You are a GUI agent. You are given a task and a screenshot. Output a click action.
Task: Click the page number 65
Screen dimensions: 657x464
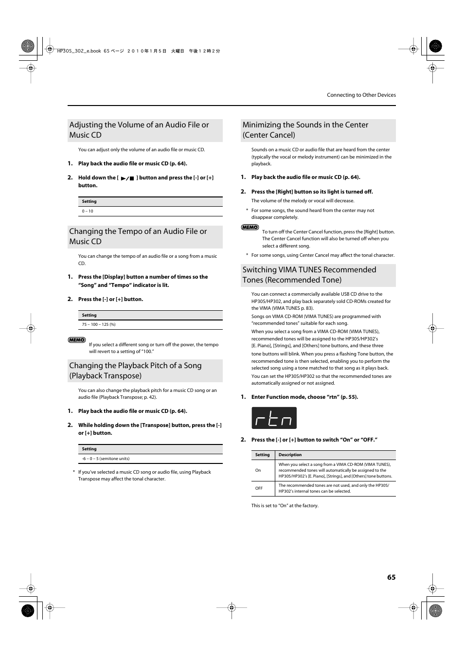(391, 577)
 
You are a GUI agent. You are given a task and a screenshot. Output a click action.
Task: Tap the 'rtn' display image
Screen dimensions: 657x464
(274, 418)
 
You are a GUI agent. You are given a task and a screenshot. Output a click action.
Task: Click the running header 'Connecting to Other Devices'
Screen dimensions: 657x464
(361, 95)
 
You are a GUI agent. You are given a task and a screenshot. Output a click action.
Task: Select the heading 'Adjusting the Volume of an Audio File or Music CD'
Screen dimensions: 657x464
(139, 130)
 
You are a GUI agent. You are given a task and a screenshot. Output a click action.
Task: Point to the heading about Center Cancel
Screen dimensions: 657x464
(305, 130)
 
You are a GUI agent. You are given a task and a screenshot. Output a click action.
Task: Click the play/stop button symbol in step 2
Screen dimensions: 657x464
(127, 178)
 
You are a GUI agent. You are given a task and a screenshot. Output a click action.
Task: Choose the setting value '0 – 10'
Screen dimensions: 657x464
(88, 211)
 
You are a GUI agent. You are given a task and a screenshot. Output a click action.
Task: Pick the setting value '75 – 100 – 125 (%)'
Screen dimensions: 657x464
(99, 324)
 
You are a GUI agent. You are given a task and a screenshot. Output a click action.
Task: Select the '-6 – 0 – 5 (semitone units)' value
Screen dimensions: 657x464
(106, 459)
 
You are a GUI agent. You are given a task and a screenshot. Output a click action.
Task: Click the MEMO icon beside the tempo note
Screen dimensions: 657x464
(77, 340)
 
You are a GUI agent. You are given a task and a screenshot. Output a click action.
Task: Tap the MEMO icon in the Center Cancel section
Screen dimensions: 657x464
(250, 227)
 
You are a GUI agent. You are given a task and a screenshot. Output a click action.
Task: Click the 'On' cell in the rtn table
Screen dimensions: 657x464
(258, 470)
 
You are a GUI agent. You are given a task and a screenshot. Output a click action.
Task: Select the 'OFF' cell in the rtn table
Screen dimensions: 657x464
(259, 488)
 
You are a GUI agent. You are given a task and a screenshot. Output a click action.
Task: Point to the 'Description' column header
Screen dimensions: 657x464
(290, 455)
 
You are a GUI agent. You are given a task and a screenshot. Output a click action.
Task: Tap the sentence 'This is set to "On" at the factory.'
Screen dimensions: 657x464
(285, 506)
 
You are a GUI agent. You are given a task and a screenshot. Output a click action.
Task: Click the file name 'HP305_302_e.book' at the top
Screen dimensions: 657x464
(79, 51)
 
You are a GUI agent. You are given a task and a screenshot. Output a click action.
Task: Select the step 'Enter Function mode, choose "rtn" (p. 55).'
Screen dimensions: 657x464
(304, 397)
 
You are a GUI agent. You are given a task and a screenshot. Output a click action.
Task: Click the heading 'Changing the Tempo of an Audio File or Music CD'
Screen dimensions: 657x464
(138, 236)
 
